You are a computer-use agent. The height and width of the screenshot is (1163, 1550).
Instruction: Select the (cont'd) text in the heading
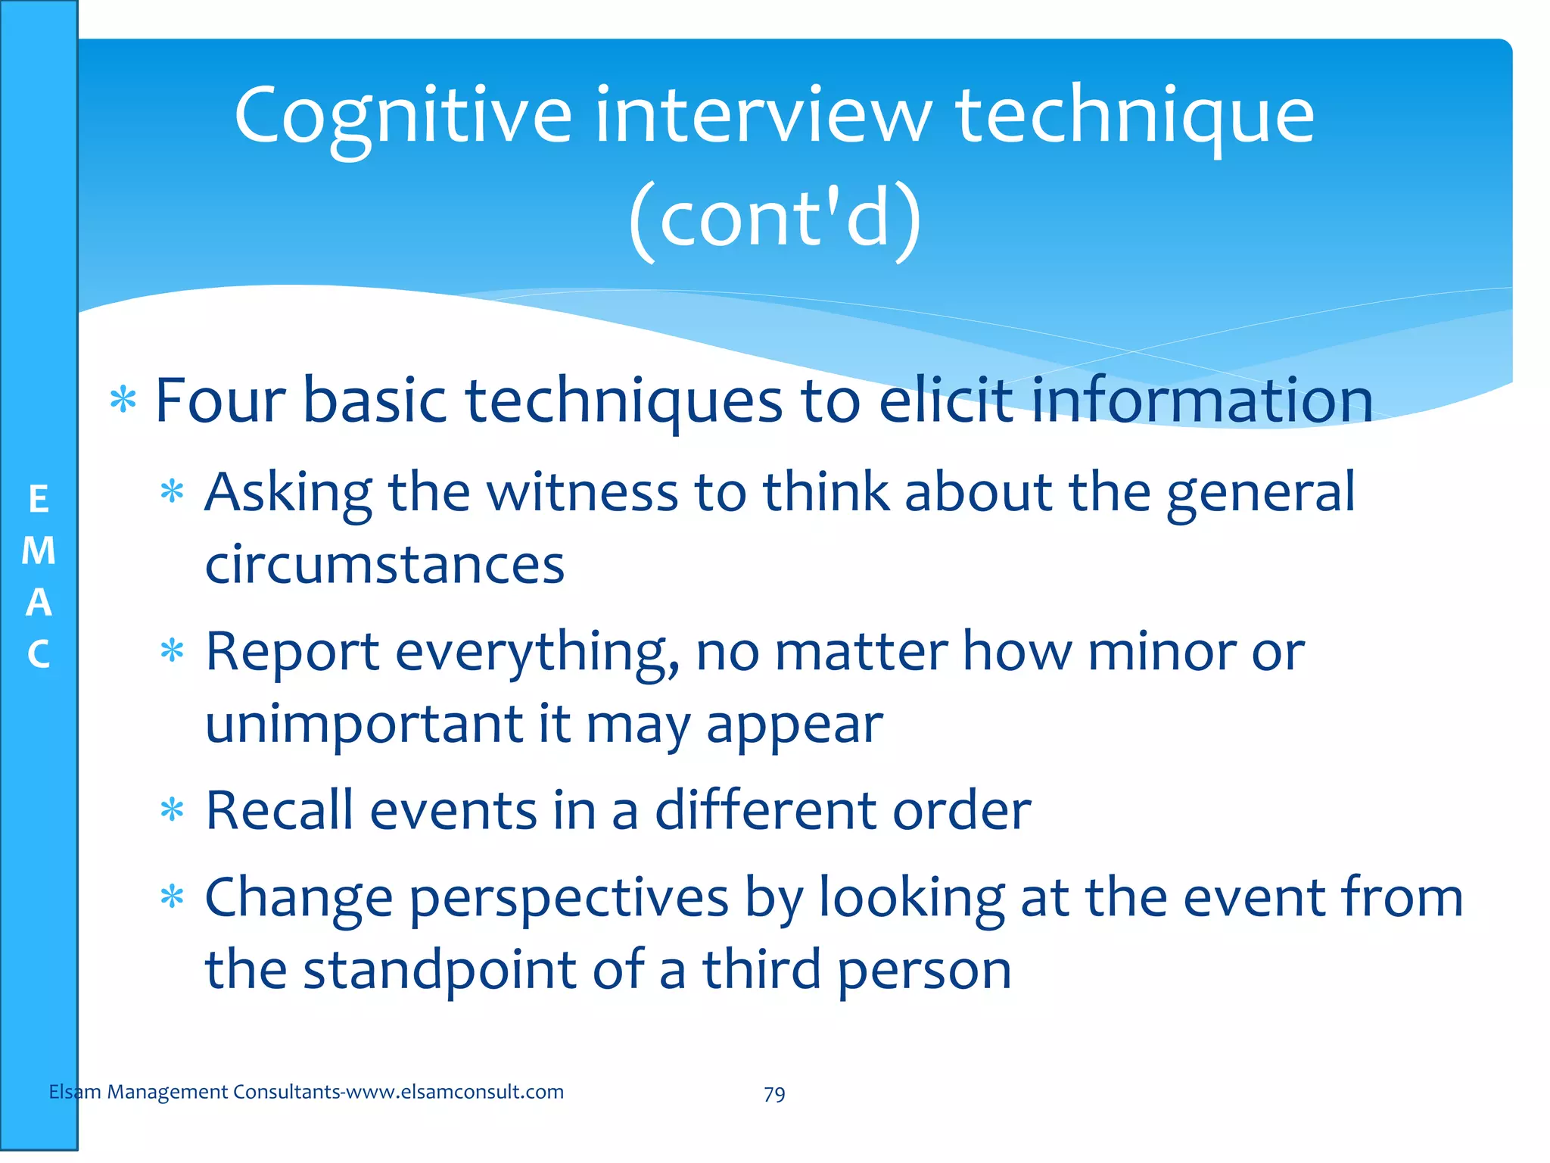click(x=775, y=220)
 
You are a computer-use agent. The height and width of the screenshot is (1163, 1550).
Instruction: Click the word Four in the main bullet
click(x=219, y=401)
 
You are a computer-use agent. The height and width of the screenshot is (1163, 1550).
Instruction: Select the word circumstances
click(x=384, y=566)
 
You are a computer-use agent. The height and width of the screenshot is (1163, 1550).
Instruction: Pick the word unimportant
click(x=364, y=725)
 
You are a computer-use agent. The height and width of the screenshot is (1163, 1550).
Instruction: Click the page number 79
click(x=774, y=1094)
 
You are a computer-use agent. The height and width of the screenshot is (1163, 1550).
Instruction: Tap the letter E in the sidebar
click(x=39, y=500)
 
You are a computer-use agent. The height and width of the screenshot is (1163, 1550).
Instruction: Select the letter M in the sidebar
click(x=39, y=551)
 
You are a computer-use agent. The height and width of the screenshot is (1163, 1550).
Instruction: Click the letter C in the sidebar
click(x=39, y=655)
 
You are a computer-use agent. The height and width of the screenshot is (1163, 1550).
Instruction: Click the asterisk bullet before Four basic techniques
click(x=123, y=400)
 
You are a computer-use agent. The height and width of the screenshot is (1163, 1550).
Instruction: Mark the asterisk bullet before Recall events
click(x=173, y=811)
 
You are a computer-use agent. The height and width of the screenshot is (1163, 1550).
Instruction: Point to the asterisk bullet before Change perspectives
click(x=173, y=898)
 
